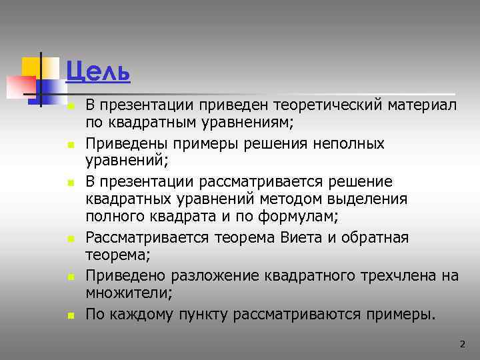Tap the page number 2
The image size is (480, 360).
coord(462,344)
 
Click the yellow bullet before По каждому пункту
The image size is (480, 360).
coord(69,313)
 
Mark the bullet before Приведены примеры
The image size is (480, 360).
coord(69,144)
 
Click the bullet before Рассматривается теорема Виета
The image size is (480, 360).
coord(69,238)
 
